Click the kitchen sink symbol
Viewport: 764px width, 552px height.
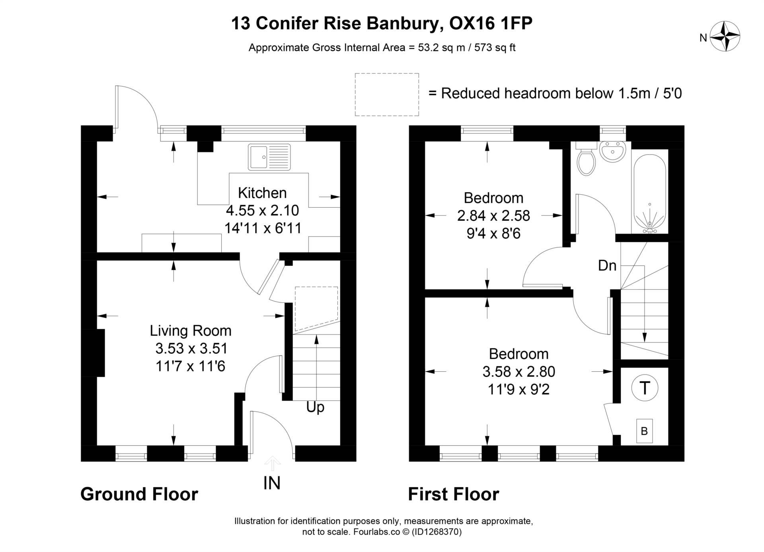269,157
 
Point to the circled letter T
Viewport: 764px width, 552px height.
645,388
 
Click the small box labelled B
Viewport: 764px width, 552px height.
644,431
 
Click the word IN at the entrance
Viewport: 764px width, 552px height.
272,483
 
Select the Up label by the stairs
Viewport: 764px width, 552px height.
315,407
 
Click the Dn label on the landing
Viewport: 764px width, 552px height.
607,265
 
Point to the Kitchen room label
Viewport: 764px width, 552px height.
262,193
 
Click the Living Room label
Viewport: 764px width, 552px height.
191,331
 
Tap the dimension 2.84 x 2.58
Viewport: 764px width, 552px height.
493,216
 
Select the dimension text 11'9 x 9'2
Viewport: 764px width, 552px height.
518,389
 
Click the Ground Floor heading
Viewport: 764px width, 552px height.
139,494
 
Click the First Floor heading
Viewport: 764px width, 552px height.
453,494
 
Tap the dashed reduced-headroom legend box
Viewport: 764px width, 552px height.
387,95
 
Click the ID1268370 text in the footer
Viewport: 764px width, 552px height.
436,532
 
